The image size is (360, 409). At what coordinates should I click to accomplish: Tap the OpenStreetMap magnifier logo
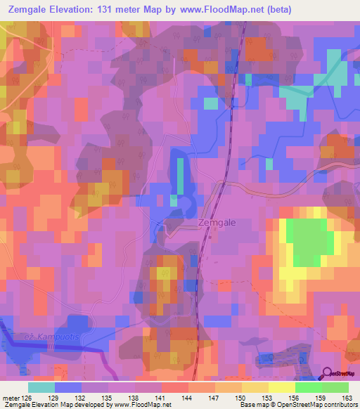[328, 373]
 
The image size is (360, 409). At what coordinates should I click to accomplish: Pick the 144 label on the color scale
[188, 397]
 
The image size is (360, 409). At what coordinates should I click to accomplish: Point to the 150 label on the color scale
[241, 397]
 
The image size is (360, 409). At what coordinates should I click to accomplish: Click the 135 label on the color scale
[108, 397]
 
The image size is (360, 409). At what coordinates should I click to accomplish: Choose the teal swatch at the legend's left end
[41, 387]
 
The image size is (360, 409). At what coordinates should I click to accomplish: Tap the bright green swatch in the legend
[309, 387]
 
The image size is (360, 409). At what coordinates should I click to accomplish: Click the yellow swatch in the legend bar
[282, 387]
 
